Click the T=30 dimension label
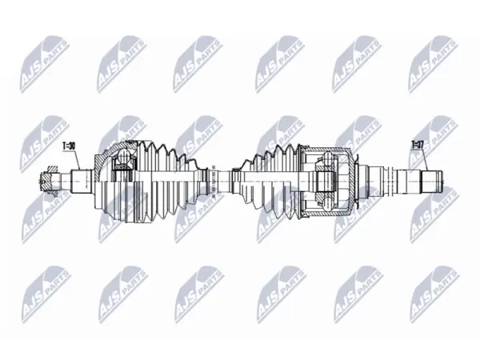pos(69,146)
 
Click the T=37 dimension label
pos(418,145)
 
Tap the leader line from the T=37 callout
pos(426,160)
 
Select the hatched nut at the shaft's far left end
pos(49,182)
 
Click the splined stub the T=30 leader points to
pos(82,182)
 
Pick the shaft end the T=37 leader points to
pos(432,182)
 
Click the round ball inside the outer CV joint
pos(124,156)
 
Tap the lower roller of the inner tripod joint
pos(327,203)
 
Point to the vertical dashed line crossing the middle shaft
pos(213,181)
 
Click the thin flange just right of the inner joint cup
pos(357,182)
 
